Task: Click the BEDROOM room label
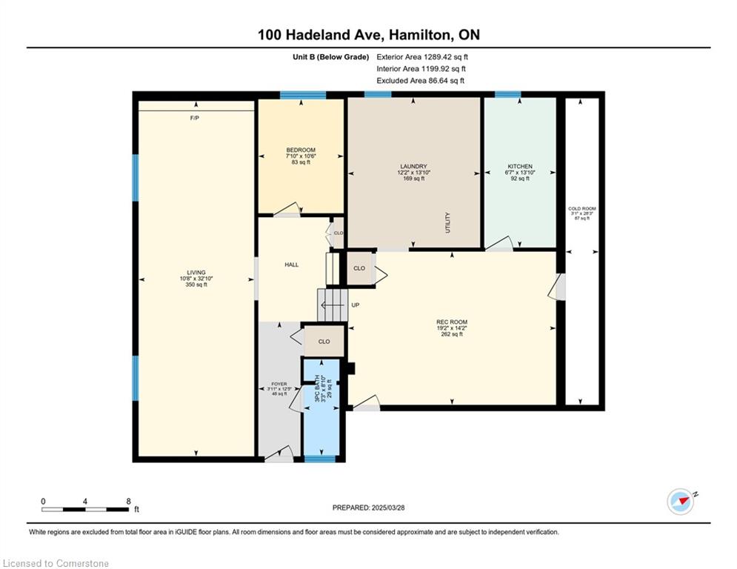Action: [x=301, y=150]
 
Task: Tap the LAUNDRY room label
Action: [x=413, y=167]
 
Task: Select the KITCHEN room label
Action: [x=519, y=167]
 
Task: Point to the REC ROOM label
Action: [x=452, y=322]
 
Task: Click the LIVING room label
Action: [x=196, y=273]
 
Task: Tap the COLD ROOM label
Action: [x=581, y=209]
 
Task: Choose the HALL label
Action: [x=292, y=264]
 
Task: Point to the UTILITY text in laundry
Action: [x=448, y=223]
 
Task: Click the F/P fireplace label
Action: [x=195, y=119]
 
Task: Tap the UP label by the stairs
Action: [x=356, y=305]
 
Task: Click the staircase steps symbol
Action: [x=333, y=304]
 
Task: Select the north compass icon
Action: [x=681, y=502]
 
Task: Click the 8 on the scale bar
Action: [x=128, y=502]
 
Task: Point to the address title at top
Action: [x=368, y=35]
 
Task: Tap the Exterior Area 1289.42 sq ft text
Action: [x=422, y=56]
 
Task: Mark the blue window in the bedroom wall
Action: [x=302, y=95]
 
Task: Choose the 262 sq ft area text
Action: [x=452, y=334]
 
